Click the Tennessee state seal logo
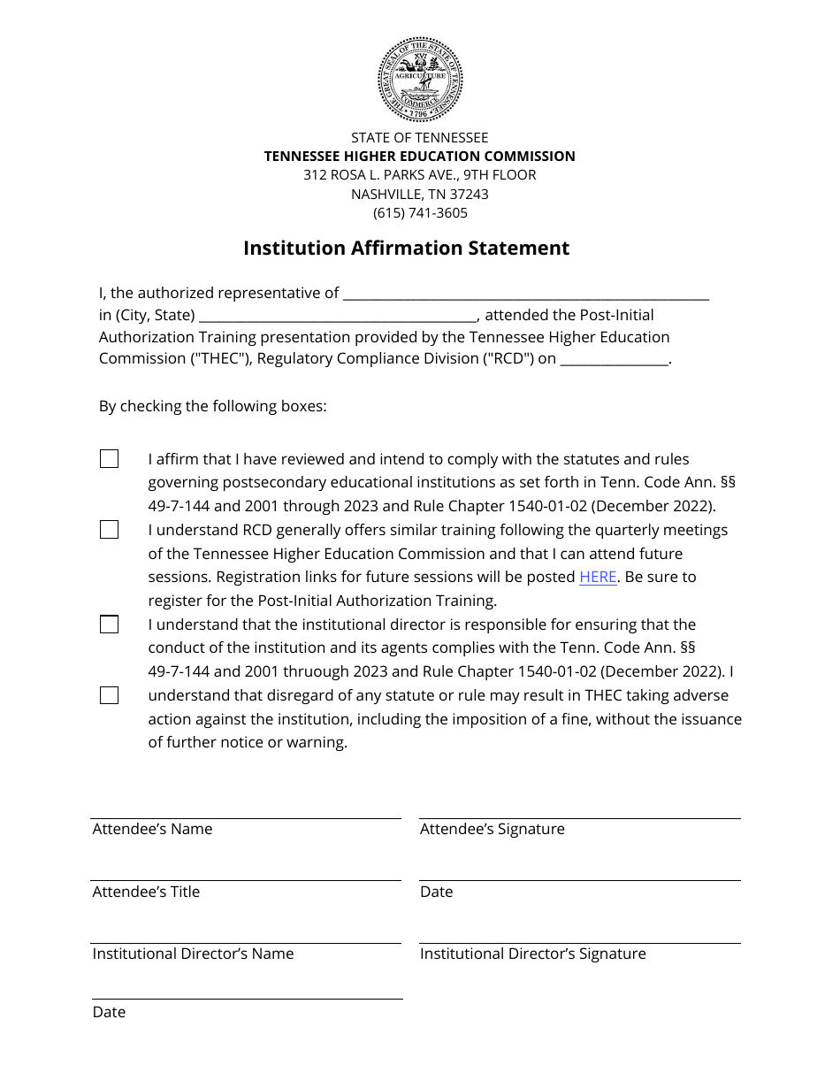pyautogui.click(x=420, y=80)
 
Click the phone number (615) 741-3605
pyautogui.click(x=420, y=213)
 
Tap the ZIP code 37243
pyautogui.click(x=468, y=194)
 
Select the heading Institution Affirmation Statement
pyautogui.click(x=407, y=249)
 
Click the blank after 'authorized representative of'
pyautogui.click(x=525, y=294)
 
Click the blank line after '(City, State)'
pyautogui.click(x=338, y=316)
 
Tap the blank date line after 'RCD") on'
pyautogui.click(x=615, y=359)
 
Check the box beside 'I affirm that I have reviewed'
pyautogui.click(x=109, y=459)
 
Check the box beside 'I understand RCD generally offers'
pyautogui.click(x=109, y=530)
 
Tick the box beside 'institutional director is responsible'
pyautogui.click(x=109, y=624)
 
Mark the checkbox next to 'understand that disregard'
pyautogui.click(x=109, y=695)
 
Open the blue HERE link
pyautogui.click(x=598, y=577)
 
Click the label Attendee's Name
pyautogui.click(x=152, y=830)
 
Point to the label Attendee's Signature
pyautogui.click(x=492, y=830)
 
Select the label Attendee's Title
pyautogui.click(x=146, y=893)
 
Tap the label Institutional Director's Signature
pyautogui.click(x=532, y=954)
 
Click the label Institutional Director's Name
pyautogui.click(x=193, y=954)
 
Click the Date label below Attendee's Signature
pyautogui.click(x=436, y=893)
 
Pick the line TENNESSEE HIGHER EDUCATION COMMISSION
pyautogui.click(x=420, y=157)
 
